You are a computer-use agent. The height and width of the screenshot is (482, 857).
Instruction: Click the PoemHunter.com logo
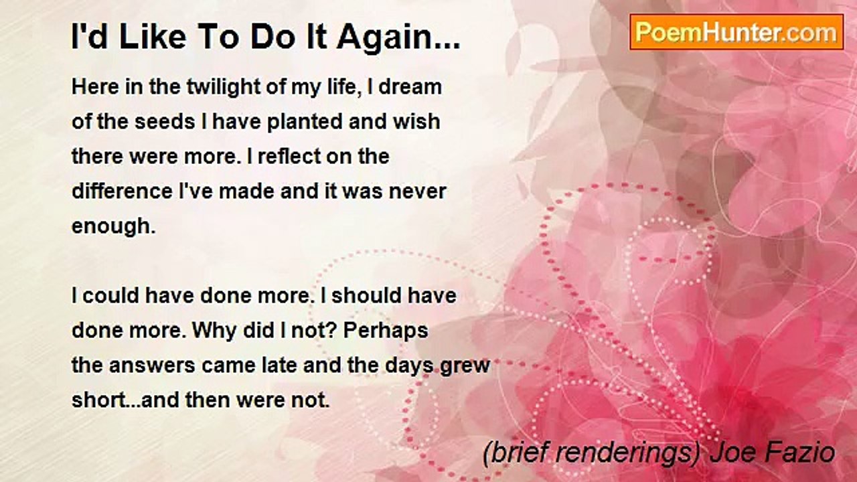pos(736,32)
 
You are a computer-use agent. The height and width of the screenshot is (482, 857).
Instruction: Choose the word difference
pos(121,191)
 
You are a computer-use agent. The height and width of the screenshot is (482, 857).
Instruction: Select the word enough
pos(112,228)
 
